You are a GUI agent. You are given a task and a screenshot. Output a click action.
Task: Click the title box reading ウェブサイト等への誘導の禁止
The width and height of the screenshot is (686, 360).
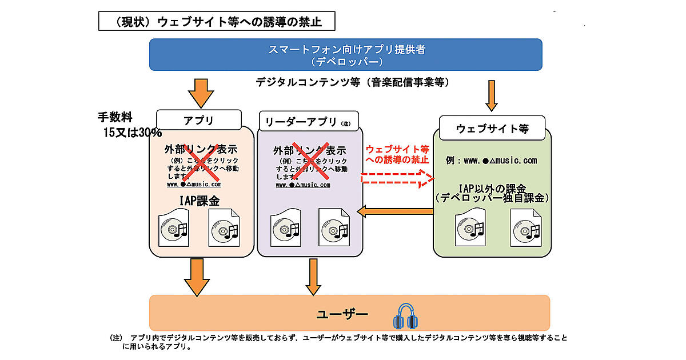click(217, 22)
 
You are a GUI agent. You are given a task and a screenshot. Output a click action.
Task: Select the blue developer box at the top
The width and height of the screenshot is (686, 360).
click(345, 55)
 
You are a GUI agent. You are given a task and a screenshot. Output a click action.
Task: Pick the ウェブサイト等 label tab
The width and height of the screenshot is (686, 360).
click(492, 129)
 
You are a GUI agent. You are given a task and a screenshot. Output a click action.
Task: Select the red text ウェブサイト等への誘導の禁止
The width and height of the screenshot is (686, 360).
click(397, 154)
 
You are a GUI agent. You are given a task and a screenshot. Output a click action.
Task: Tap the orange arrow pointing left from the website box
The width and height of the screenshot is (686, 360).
click(394, 212)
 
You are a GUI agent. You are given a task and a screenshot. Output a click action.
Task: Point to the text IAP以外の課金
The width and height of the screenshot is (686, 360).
click(492, 189)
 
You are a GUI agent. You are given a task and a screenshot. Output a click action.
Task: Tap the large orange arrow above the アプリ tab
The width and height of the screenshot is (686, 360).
click(201, 91)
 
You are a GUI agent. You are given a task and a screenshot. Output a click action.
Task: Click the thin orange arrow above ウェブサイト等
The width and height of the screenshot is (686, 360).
click(491, 95)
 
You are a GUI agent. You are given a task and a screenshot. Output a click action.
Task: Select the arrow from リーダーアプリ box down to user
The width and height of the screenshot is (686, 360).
click(312, 277)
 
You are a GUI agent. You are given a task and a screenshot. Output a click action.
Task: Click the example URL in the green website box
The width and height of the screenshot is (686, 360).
click(492, 161)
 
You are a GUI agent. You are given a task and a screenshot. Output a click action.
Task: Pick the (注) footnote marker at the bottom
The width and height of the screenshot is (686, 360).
click(116, 338)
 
